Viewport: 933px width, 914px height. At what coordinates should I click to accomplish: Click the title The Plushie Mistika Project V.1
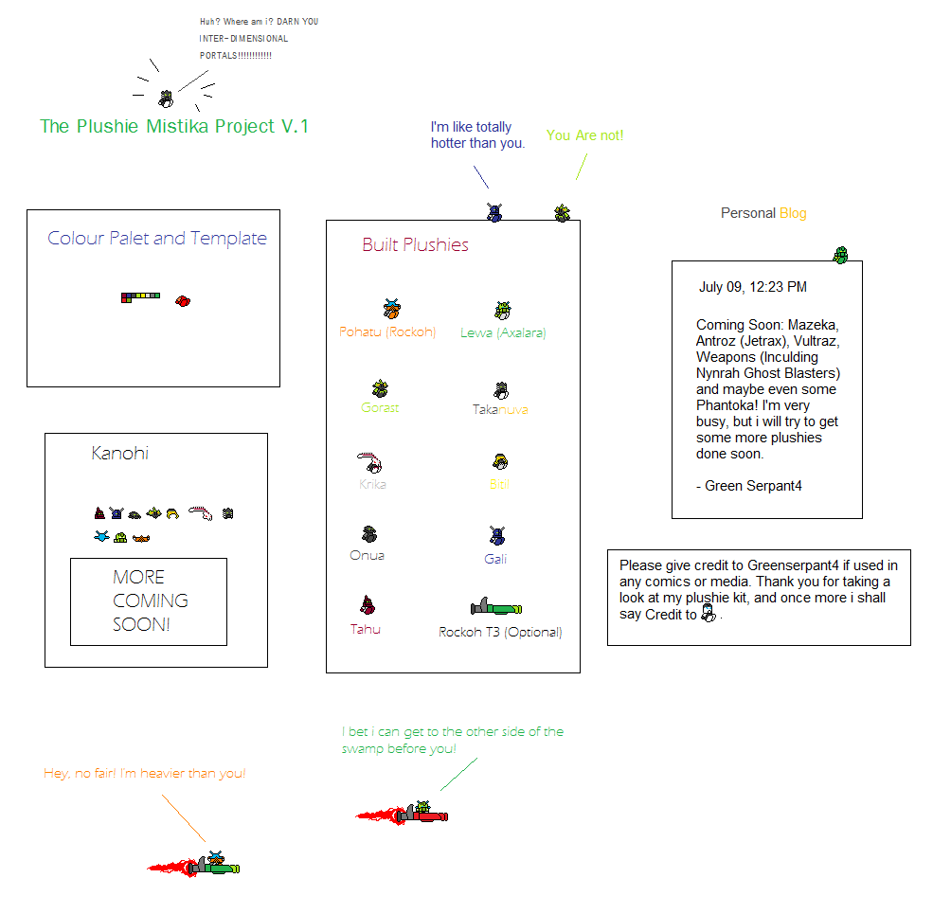(174, 126)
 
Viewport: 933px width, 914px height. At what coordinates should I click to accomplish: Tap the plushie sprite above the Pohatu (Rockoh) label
(392, 309)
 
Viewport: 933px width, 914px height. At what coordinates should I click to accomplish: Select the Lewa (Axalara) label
(503, 332)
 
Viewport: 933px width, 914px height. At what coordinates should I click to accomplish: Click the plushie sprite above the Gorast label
(380, 388)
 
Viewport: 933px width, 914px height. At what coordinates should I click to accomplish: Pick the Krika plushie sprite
(371, 463)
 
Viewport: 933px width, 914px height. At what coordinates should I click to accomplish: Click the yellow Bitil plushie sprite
(501, 462)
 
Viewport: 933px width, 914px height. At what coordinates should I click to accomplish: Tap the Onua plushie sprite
(369, 535)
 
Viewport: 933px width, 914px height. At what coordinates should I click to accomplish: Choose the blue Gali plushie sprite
(497, 536)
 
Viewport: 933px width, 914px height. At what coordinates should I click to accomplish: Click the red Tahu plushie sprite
(368, 605)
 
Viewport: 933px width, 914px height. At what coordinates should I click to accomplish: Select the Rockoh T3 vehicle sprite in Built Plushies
(496, 607)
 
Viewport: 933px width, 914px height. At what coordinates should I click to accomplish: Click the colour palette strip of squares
(140, 297)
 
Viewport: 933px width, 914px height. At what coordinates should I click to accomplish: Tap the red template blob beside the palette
(184, 300)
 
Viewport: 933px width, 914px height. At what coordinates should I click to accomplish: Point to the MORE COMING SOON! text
(150, 600)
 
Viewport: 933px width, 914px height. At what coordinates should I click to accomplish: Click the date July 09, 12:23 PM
(753, 287)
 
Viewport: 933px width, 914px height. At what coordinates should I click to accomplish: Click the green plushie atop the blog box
(840, 254)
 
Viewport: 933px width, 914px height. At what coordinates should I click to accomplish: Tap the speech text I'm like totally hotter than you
(477, 134)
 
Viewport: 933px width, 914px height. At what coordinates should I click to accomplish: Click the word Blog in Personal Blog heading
(793, 213)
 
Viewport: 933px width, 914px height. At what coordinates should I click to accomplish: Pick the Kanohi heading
(119, 453)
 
